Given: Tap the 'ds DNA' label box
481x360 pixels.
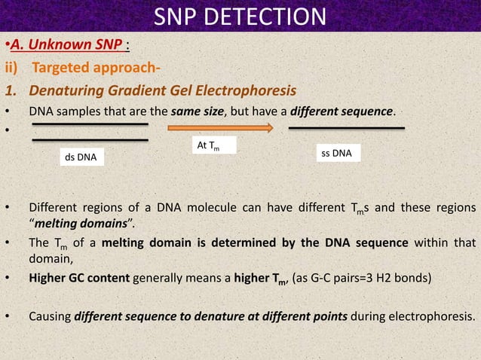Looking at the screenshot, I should tap(83, 158).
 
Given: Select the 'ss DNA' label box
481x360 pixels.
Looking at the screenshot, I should tap(336, 154).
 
